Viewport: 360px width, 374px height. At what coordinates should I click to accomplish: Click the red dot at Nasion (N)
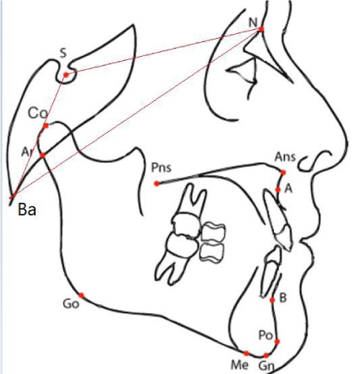coord(261,29)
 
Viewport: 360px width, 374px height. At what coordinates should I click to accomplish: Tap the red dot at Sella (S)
coord(66,75)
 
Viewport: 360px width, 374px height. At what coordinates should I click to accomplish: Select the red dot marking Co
coord(46,125)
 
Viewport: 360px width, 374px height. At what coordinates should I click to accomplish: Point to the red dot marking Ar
coord(43,155)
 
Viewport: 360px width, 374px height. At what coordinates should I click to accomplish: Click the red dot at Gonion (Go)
coord(81,295)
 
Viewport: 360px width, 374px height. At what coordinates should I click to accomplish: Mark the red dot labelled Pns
coord(157,184)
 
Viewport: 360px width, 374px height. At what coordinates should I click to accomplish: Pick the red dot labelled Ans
coord(283,173)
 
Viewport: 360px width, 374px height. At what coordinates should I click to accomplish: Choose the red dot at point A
coord(278,189)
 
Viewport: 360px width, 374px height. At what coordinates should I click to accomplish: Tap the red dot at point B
coord(272,300)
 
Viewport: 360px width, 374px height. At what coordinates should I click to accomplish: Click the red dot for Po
coord(277,342)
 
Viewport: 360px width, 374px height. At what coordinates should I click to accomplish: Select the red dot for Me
coord(246,353)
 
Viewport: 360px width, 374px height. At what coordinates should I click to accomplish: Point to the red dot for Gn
coord(266,356)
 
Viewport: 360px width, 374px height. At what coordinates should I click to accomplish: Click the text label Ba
coord(27,210)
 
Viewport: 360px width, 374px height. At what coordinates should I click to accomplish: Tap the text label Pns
coord(161,167)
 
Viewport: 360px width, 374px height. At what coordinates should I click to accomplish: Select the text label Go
coord(71,304)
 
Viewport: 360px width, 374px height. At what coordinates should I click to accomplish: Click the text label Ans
coord(285,157)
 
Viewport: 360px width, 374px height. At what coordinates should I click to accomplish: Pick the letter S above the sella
coord(63,54)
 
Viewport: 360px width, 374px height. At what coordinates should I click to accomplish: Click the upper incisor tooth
coord(279,220)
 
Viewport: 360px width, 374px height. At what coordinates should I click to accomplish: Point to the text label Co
coord(38,114)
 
